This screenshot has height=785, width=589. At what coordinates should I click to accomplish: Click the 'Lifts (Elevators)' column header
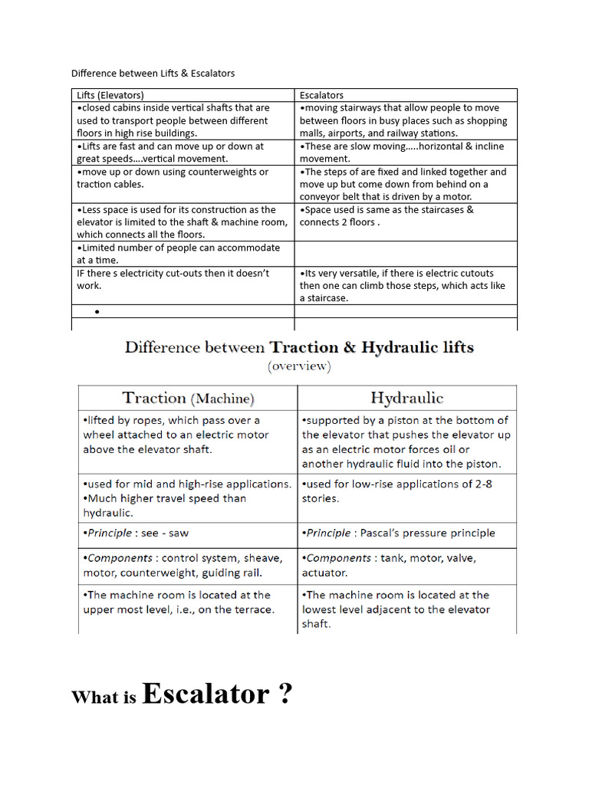tap(110, 96)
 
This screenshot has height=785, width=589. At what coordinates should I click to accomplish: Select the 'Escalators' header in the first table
tap(321, 96)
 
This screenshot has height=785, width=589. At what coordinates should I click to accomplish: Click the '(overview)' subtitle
tap(299, 366)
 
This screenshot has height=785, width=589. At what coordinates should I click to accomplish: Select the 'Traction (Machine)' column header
tap(188, 399)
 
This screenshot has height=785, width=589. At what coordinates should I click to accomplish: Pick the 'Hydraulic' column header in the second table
tap(406, 399)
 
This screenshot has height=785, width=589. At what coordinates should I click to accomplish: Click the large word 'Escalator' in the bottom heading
tap(205, 694)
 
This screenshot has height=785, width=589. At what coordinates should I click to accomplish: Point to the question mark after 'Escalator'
tap(285, 694)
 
